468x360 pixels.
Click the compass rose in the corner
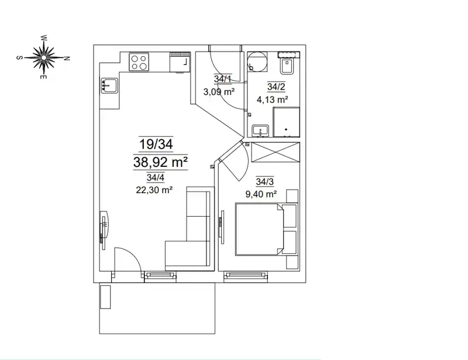[x=43, y=57]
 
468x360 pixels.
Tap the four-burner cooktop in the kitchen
[x=139, y=62]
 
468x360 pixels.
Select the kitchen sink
[x=109, y=85]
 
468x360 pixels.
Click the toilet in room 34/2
[x=287, y=65]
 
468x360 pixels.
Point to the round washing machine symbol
[x=257, y=62]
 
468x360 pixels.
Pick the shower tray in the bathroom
[x=286, y=122]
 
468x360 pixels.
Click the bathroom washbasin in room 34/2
[x=260, y=131]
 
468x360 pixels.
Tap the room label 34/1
[x=223, y=79]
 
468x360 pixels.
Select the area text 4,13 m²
[x=272, y=100]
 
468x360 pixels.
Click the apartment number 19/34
[x=156, y=145]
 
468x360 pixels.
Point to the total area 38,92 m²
[x=160, y=162]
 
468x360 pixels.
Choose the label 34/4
[x=156, y=178]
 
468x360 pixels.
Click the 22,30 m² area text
[x=154, y=190]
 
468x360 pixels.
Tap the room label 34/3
[x=265, y=181]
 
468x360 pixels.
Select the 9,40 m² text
[x=261, y=194]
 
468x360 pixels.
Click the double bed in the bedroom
[x=266, y=229]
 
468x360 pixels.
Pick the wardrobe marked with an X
[x=276, y=152]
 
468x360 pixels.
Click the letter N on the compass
[x=67, y=59]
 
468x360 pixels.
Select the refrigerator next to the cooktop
[x=180, y=62]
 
